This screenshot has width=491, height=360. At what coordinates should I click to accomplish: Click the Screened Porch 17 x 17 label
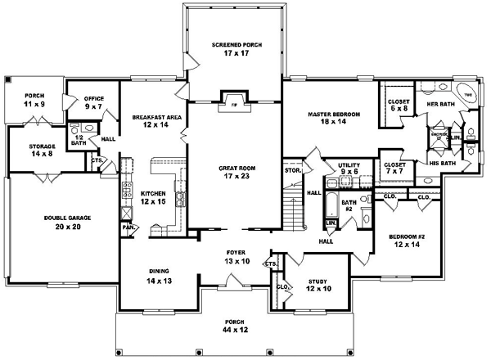236,48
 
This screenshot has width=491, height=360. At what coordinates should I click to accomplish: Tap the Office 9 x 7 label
92,103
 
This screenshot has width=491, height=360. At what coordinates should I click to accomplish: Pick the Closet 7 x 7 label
398,169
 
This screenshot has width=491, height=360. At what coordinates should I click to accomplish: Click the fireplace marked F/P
233,105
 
